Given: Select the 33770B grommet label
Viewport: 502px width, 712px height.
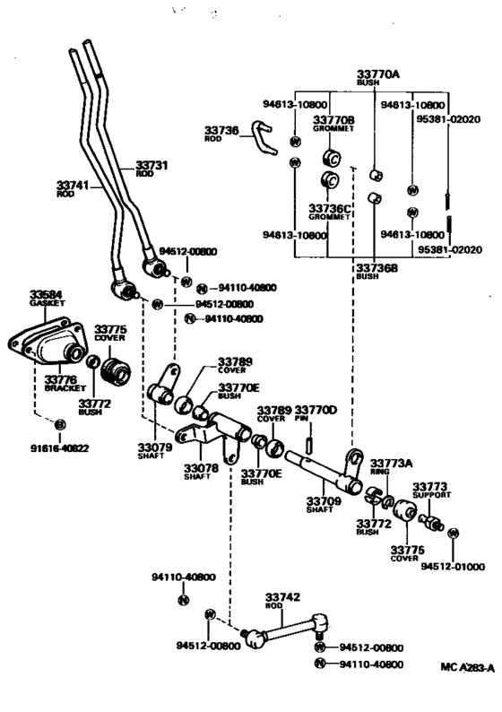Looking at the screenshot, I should pos(333,119).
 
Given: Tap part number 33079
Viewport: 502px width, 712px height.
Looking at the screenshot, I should pos(155,446).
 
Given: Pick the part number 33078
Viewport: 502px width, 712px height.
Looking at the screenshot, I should pos(201,467).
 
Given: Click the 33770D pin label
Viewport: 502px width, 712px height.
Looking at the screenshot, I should pos(316,410).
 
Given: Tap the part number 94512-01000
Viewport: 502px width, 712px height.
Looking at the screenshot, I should pos(453,567).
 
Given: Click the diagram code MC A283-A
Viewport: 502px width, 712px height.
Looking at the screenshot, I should pos(467,667).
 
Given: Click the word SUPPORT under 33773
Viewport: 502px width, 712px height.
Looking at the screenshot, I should pos(431,495).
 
